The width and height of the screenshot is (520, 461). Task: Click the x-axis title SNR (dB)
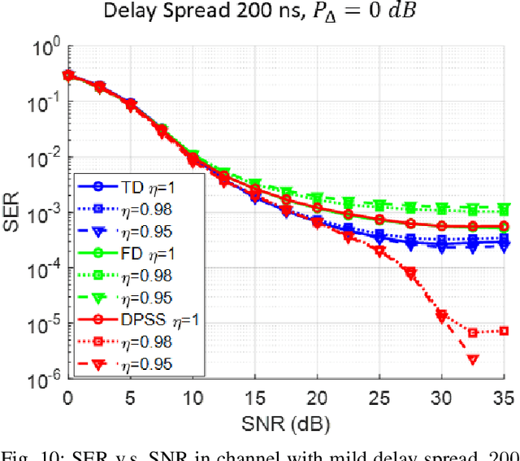pyautogui.click(x=284, y=424)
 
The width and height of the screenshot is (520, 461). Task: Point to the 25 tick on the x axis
pyautogui.click(x=379, y=398)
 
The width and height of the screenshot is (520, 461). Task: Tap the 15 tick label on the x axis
pyautogui.click(x=254, y=398)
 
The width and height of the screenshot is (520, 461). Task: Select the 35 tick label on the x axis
pyautogui.click(x=504, y=398)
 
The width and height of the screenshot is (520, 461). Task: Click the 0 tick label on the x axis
pyautogui.click(x=67, y=398)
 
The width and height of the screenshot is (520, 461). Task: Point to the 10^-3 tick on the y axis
pyautogui.click(x=45, y=213)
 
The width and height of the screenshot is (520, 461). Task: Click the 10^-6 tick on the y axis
pyautogui.click(x=45, y=378)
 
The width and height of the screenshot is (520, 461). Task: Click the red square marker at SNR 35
pyautogui.click(x=504, y=331)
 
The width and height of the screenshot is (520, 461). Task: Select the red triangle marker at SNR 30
pyautogui.click(x=441, y=315)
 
